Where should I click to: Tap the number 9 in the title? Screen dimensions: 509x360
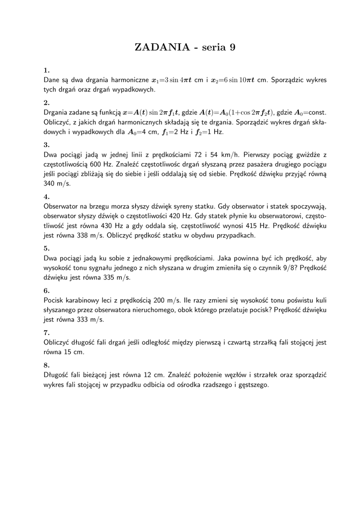(x=231, y=47)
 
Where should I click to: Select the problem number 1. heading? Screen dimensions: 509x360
(x=46, y=70)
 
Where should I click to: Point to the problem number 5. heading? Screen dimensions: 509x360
(x=46, y=248)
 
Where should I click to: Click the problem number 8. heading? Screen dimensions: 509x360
(x=46, y=365)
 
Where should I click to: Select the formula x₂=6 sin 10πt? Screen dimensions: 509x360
(x=232, y=80)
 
